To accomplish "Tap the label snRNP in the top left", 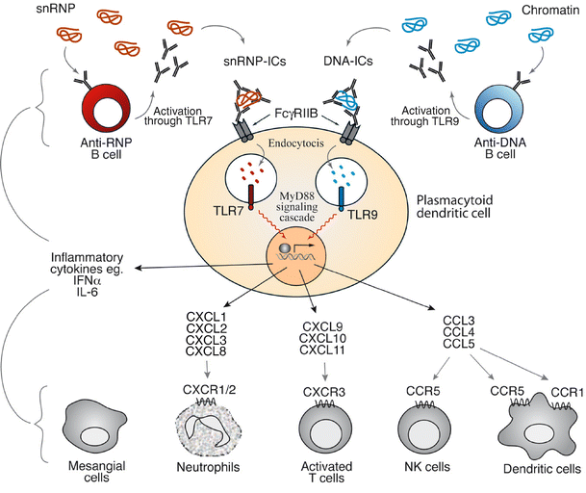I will (26, 11).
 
